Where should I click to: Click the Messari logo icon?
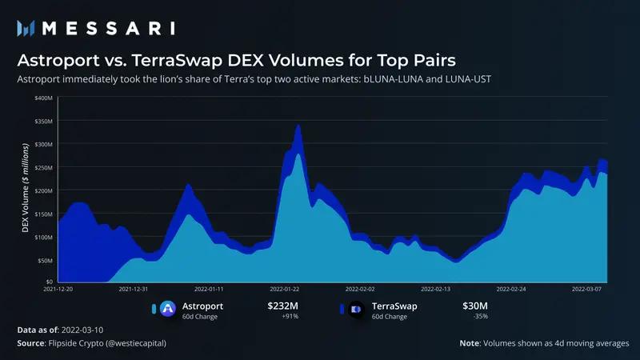point(25,28)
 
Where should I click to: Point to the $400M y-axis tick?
point(45,98)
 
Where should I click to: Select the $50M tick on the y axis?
point(46,260)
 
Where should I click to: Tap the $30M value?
point(475,305)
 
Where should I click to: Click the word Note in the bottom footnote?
point(469,342)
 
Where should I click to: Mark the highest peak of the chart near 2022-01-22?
point(298,126)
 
